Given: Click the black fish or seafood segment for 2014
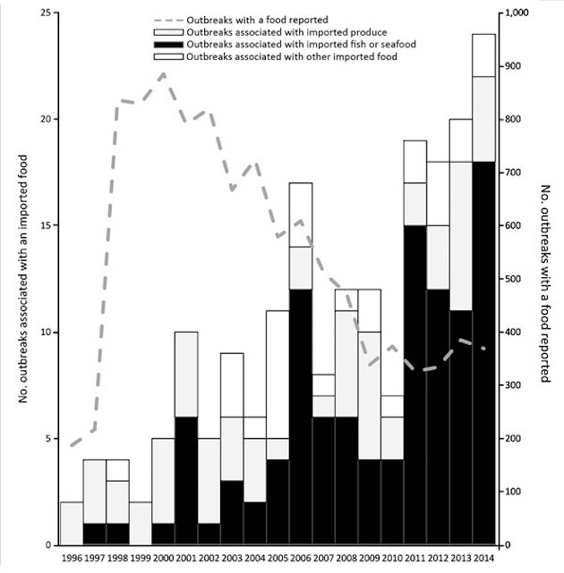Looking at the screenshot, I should [x=483, y=353].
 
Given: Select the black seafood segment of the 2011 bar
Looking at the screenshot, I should [x=414, y=385].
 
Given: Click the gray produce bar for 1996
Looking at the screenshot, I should [x=72, y=523].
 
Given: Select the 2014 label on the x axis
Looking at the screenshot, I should [x=484, y=560].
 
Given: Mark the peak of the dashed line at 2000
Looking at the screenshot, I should [x=164, y=74].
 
